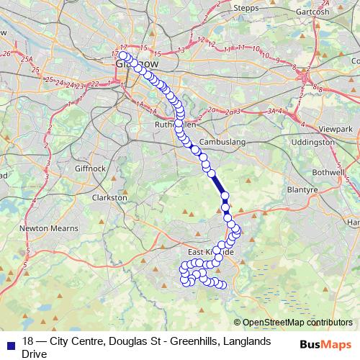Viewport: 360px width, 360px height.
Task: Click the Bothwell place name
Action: (x=330, y=174)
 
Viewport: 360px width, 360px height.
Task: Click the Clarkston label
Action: (x=112, y=197)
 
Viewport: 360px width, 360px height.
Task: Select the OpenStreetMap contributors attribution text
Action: (x=297, y=323)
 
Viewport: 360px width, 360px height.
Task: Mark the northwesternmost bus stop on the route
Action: (x=123, y=55)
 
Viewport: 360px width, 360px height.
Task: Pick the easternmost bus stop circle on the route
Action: (x=238, y=230)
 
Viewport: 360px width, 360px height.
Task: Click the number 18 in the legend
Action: (x=28, y=341)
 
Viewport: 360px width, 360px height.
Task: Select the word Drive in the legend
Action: (x=34, y=354)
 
